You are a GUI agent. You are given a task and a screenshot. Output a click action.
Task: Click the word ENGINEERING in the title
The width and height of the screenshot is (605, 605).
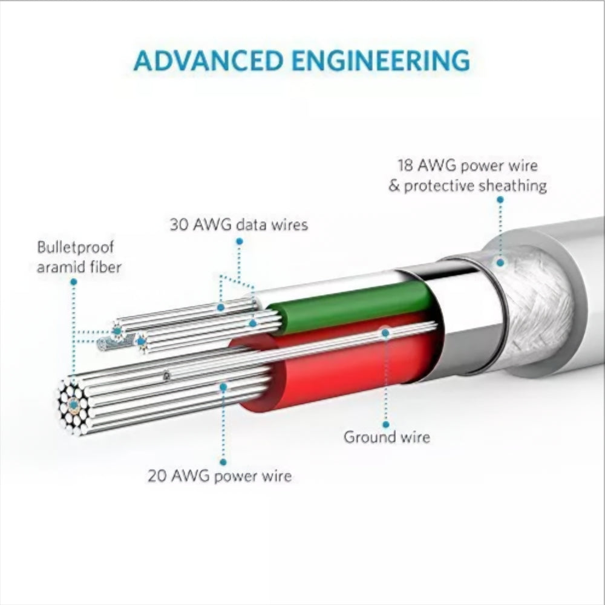pyautogui.click(x=381, y=60)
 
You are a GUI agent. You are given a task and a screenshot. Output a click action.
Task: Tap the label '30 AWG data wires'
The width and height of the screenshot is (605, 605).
pyautogui.click(x=239, y=224)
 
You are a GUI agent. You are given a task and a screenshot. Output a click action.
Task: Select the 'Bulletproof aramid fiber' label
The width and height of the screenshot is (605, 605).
pyautogui.click(x=79, y=257)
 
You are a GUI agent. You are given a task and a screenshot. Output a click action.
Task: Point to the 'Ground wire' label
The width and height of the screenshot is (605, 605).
pyautogui.click(x=387, y=437)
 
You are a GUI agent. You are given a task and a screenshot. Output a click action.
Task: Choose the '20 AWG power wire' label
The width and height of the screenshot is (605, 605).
pyautogui.click(x=220, y=476)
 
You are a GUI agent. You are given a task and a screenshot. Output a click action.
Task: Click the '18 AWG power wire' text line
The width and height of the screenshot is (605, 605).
pyautogui.click(x=468, y=166)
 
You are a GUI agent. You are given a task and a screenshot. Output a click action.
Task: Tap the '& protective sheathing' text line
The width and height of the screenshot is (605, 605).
pyautogui.click(x=468, y=186)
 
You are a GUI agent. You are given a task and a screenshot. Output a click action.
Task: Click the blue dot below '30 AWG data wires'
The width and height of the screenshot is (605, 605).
pyautogui.click(x=239, y=241)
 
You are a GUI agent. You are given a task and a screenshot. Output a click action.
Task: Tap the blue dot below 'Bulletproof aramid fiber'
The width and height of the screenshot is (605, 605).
pyautogui.click(x=74, y=282)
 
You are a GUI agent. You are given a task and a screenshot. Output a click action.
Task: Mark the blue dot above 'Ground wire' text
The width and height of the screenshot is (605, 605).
pyautogui.click(x=386, y=425)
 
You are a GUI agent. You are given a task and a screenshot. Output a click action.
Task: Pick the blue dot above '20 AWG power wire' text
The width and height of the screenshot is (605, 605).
pyautogui.click(x=223, y=462)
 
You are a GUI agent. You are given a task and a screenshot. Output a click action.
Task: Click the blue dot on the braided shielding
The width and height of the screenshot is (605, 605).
pyautogui.click(x=500, y=263)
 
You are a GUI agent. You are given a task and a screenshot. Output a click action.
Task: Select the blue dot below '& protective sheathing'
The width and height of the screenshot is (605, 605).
pyautogui.click(x=500, y=200)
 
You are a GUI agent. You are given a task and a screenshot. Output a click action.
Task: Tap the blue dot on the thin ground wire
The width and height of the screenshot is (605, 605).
pyautogui.click(x=385, y=332)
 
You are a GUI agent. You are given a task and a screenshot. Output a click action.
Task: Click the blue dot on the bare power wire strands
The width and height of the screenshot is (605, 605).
pyautogui.click(x=223, y=387)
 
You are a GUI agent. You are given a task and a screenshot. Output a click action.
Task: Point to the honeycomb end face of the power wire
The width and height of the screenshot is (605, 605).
pyautogui.click(x=73, y=407)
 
